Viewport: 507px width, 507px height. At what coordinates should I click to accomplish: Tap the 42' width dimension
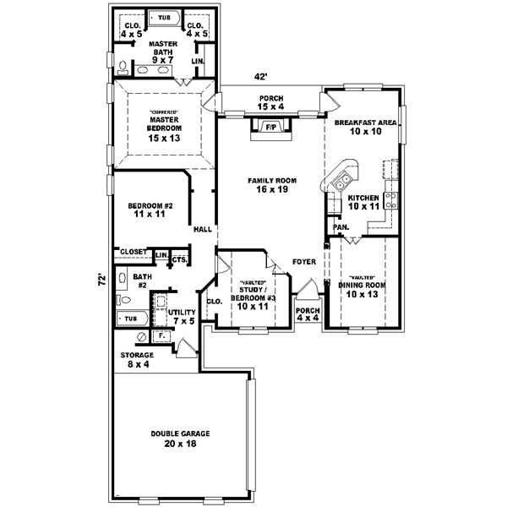260,77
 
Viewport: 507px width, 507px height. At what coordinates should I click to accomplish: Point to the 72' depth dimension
100,278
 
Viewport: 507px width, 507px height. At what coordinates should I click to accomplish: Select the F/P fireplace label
271,128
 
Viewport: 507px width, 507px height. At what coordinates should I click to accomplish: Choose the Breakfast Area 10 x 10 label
365,128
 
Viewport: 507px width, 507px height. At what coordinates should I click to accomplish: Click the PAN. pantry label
341,227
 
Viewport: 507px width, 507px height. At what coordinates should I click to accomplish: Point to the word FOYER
304,262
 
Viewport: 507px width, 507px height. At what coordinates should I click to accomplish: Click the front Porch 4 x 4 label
308,314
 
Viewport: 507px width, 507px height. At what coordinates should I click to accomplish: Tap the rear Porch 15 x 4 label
271,103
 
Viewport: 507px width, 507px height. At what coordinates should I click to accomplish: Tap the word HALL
203,229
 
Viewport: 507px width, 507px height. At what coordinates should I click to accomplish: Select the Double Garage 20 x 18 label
180,439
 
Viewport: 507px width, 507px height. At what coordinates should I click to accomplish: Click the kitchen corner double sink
344,179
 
